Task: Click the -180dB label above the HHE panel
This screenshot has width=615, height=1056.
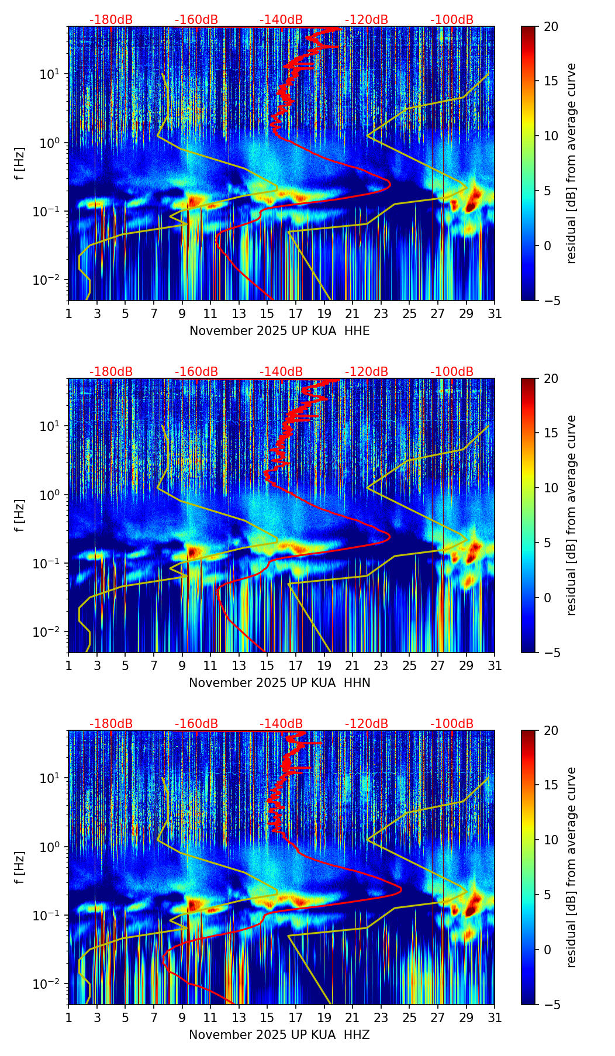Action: (x=111, y=20)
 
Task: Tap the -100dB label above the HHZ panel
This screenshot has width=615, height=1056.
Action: (x=452, y=724)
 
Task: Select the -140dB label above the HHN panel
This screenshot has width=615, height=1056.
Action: (x=281, y=372)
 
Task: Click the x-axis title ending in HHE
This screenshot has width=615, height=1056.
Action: (x=279, y=331)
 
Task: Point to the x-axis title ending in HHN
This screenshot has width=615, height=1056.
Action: (x=279, y=683)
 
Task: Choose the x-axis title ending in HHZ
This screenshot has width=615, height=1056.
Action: (x=279, y=1035)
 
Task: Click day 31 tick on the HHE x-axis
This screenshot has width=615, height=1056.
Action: (x=495, y=314)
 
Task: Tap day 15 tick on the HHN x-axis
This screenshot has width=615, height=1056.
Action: (x=267, y=666)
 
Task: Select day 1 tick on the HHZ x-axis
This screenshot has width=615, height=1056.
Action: (x=68, y=1018)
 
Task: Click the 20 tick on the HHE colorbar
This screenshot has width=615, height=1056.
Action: (x=551, y=26)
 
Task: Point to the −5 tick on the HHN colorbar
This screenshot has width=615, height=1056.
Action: (x=551, y=653)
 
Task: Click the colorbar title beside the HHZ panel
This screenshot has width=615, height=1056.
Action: (x=571, y=867)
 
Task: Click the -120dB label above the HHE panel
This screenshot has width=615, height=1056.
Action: (x=367, y=20)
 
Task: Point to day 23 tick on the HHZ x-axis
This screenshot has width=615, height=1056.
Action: (x=381, y=1018)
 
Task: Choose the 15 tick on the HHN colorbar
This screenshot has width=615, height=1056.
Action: (x=551, y=433)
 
